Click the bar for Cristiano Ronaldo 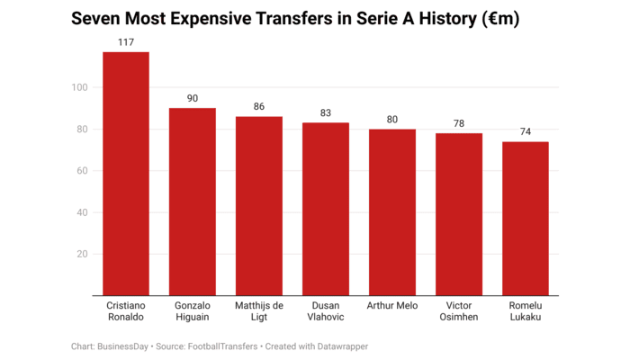(126, 174)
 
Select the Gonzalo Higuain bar (193, 202)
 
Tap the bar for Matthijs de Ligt (259, 206)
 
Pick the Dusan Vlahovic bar (326, 209)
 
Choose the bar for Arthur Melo (392, 212)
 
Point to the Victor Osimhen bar (459, 214)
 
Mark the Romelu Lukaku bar (526, 219)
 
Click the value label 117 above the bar (126, 42)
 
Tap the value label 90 (193, 99)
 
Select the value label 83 (326, 113)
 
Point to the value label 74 (526, 132)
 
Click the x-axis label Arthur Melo (392, 306)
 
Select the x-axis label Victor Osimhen (459, 311)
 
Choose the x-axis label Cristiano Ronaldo (126, 311)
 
